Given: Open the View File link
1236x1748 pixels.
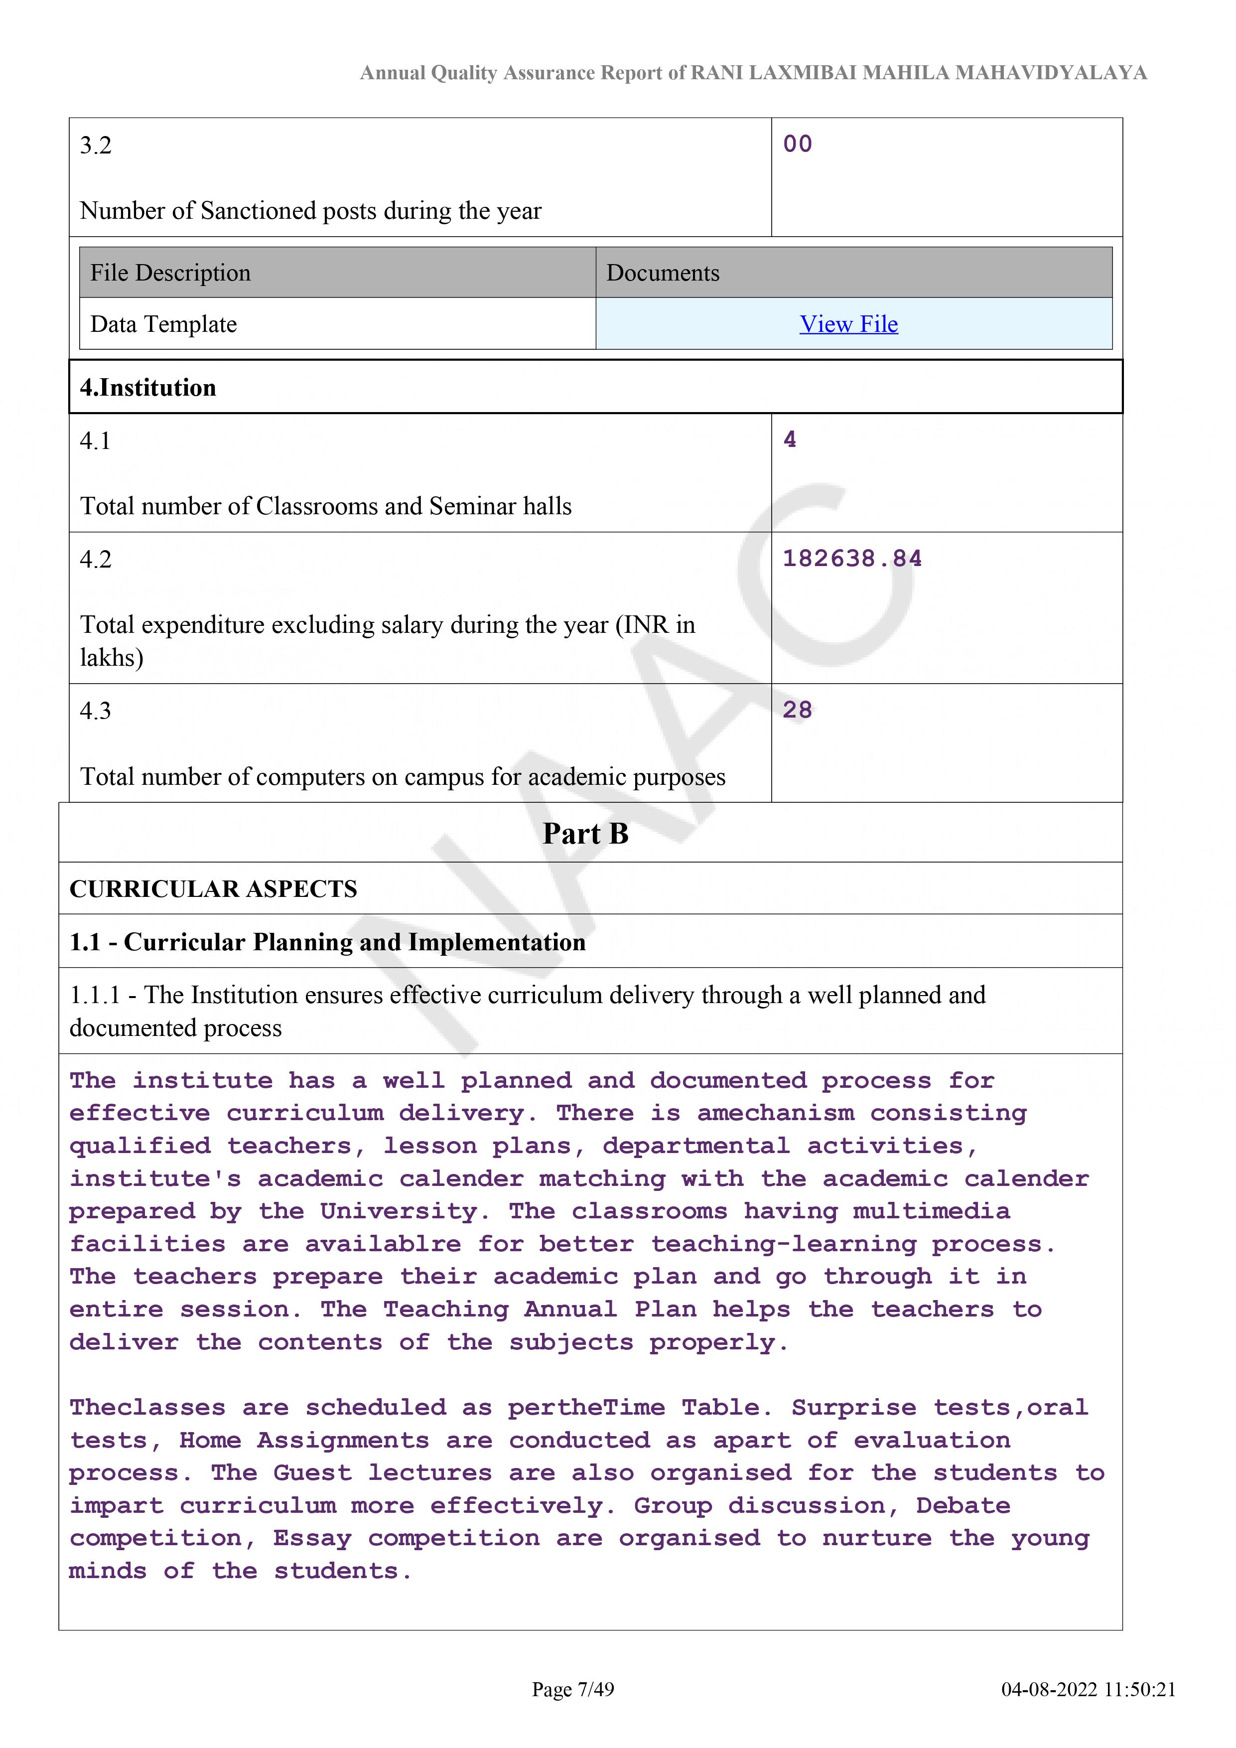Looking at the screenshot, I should (x=848, y=324).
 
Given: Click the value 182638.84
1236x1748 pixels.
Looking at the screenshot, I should (x=852, y=559).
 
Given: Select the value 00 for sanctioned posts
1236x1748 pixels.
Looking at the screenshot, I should (x=797, y=144).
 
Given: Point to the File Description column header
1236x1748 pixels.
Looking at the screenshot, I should (x=170, y=273).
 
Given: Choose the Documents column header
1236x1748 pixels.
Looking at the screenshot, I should (x=662, y=273).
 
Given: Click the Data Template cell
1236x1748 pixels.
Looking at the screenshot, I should (x=163, y=324).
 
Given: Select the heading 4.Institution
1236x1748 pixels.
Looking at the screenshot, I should (x=148, y=388).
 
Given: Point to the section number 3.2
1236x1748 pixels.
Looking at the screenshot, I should (x=96, y=146).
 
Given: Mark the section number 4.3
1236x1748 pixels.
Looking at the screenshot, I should (x=96, y=711).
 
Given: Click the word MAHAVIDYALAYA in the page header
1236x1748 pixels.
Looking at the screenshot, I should (x=1050, y=73).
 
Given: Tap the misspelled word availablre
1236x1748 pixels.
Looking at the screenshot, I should (x=383, y=1244).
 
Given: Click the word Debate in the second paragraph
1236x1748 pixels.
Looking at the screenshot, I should (x=963, y=1506).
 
